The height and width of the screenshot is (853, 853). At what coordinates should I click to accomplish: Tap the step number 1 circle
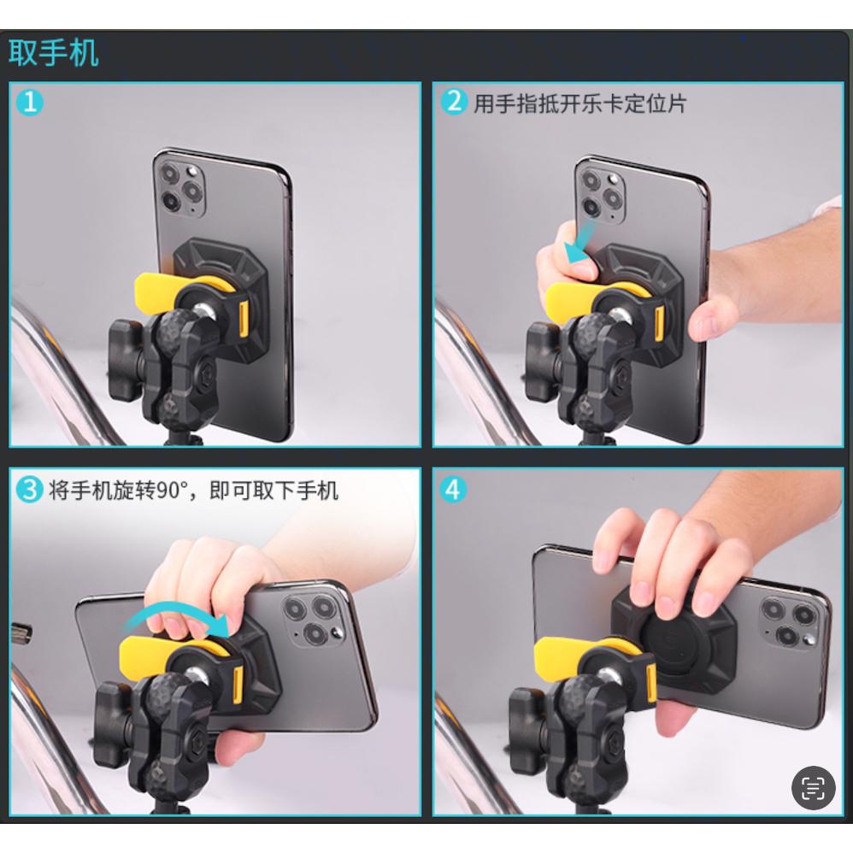31,103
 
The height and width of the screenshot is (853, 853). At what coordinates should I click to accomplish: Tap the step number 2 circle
454,103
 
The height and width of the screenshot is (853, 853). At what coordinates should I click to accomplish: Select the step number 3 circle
31,490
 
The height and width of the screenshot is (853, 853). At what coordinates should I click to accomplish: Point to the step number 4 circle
454,490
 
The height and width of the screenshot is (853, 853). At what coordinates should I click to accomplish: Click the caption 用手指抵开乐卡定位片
580,103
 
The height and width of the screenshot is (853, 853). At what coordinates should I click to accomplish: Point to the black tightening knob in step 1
126,359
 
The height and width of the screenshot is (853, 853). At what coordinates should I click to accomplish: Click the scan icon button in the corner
812,787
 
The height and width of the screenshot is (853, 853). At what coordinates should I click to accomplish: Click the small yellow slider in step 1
244,317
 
